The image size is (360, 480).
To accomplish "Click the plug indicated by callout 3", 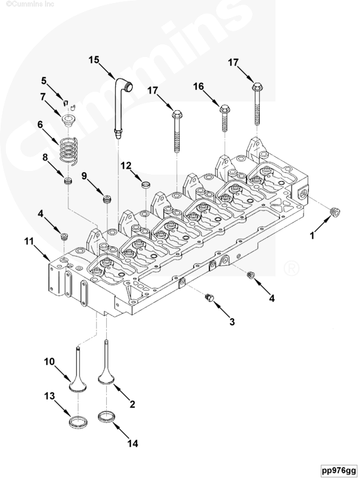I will coord(209,298).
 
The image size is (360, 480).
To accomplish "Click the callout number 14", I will coord(133,443).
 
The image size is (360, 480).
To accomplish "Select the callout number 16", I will coord(199,86).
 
